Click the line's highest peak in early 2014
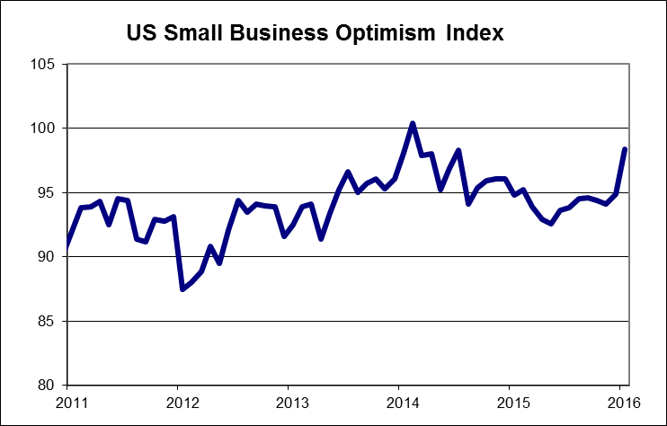(x=412, y=123)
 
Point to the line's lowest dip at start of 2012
(x=182, y=288)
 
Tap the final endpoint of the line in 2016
(x=625, y=149)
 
